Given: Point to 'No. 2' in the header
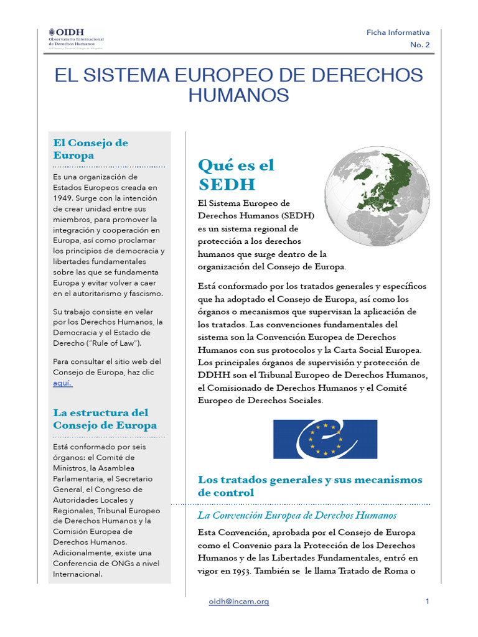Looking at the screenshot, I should [x=419, y=45].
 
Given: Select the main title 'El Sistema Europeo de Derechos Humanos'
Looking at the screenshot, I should [x=238, y=85].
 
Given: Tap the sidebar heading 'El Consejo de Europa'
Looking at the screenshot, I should [x=91, y=149].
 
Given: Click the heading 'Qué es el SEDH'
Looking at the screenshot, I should [x=236, y=174].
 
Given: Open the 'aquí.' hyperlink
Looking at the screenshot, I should [x=63, y=383].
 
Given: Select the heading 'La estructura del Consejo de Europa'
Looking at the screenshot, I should [x=105, y=419].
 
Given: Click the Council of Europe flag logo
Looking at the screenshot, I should [x=325, y=439].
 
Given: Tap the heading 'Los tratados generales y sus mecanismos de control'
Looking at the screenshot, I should [x=310, y=486].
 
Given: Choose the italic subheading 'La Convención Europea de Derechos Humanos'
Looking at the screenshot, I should [x=297, y=515].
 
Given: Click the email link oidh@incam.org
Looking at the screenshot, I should [x=239, y=602].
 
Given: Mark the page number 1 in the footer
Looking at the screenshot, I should [x=428, y=602].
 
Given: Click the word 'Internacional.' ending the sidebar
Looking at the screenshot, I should [x=77, y=574].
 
